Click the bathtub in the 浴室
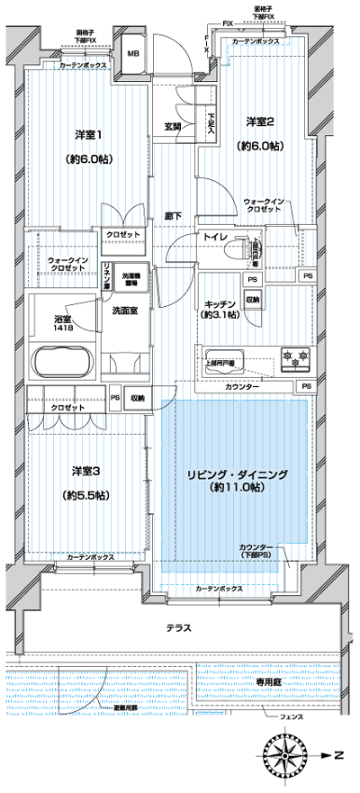click(60, 364)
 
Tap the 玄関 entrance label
click(173, 126)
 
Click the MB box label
click(132, 54)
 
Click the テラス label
click(178, 627)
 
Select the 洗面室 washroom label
click(123, 310)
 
